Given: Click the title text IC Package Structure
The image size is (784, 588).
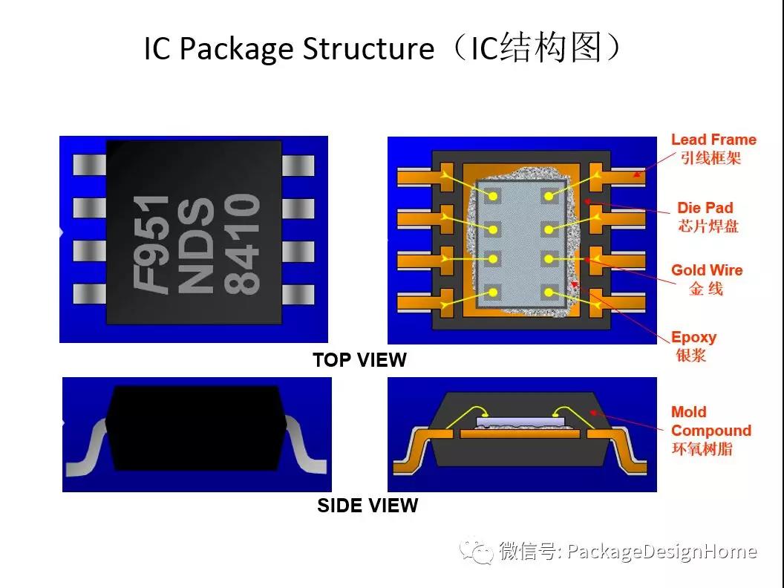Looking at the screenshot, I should tap(288, 49).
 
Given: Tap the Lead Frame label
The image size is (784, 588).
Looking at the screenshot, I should tap(713, 140).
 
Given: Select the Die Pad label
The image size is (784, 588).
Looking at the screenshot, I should tap(705, 208).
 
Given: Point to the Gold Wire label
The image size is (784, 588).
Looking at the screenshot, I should tap(706, 270).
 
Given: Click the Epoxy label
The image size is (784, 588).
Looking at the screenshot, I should tap(693, 337).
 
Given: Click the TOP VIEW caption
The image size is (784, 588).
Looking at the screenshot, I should tap(359, 360).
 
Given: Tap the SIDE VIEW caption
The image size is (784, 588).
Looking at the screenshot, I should tap(367, 506).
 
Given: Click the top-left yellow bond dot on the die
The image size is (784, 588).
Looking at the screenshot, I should tap(492, 196).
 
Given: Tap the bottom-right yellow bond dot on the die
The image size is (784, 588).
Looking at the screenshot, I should tap(549, 293).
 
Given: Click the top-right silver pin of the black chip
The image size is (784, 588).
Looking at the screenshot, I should tap(299, 166).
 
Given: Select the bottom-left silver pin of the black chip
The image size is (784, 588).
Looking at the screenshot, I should tap(89, 294).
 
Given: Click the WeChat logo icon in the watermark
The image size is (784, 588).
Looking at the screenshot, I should tap(476, 551).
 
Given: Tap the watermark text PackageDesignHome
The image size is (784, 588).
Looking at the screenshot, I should tap(661, 552).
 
